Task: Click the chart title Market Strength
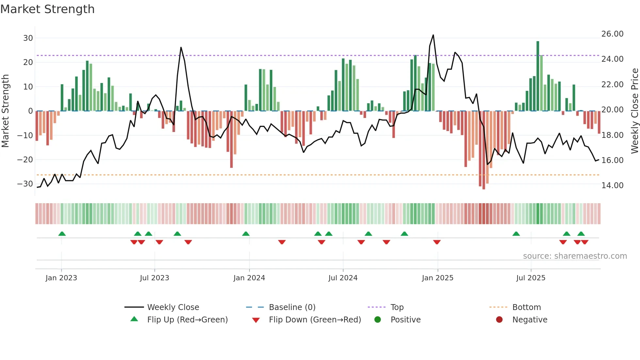[x=47, y=9]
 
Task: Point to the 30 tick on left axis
[x=28, y=38]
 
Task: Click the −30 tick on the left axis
[x=25, y=184]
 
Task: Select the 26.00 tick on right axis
[x=612, y=34]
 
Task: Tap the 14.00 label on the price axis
[x=612, y=186]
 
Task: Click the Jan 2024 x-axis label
[x=249, y=278]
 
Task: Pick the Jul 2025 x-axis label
[x=531, y=278]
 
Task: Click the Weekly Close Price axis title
[x=634, y=111]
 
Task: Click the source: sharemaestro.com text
[x=575, y=256]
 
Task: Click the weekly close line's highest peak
[x=433, y=35]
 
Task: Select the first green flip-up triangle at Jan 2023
[x=62, y=234]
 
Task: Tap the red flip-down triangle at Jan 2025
[x=437, y=242]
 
